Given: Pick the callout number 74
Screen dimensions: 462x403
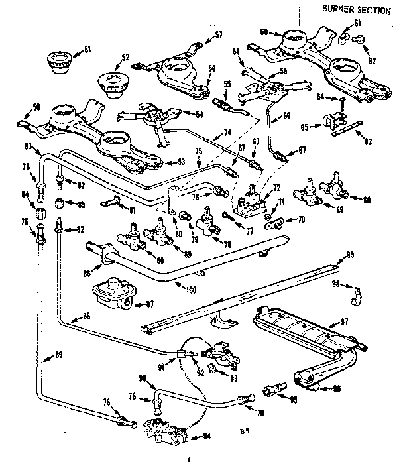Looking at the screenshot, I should click(x=227, y=133).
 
